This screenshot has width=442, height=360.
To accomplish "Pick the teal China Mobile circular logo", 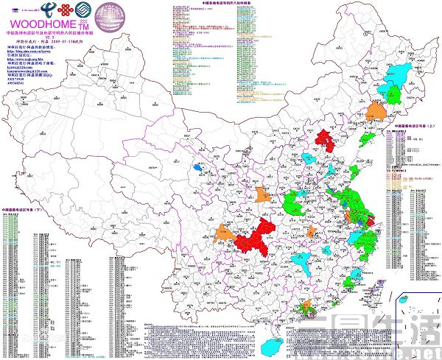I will click(89, 8).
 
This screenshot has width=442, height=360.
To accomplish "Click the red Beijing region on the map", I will click(324, 140).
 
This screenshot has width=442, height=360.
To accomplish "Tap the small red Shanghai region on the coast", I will click(371, 219).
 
